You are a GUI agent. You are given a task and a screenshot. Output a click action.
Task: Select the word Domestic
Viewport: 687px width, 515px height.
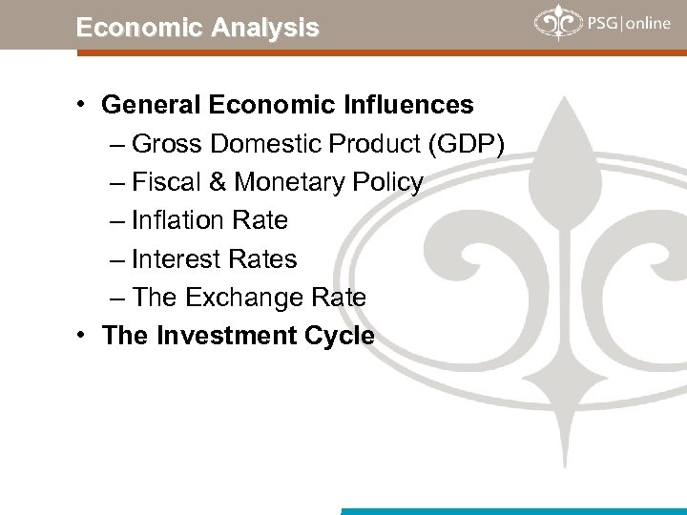point(269,143)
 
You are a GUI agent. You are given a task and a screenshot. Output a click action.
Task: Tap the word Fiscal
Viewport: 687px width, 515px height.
point(166,181)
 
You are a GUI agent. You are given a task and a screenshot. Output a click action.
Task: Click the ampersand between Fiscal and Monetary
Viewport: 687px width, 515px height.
point(217,181)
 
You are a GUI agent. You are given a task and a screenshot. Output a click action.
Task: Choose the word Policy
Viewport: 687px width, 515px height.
point(386,181)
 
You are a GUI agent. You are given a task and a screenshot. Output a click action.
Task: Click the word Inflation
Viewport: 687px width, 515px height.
point(178,220)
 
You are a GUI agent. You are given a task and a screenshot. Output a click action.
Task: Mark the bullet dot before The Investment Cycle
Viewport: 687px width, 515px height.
point(85,336)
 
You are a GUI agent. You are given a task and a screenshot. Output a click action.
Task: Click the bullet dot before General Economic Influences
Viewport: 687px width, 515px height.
point(85,103)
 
